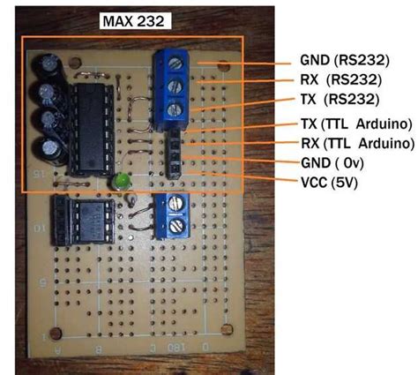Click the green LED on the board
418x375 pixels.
121,183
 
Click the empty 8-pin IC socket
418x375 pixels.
84,220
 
